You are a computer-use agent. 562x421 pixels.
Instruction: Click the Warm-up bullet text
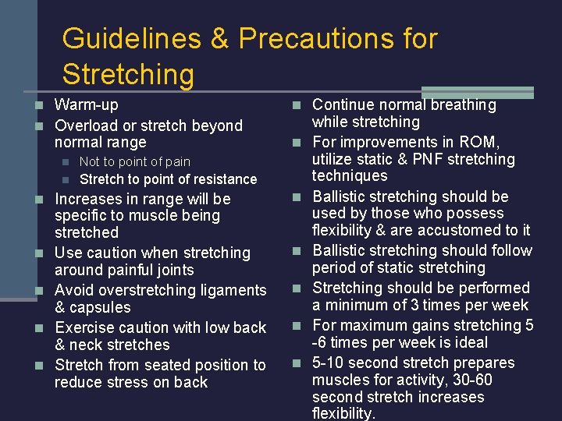(x=87, y=104)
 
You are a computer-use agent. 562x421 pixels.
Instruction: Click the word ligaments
(x=233, y=291)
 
